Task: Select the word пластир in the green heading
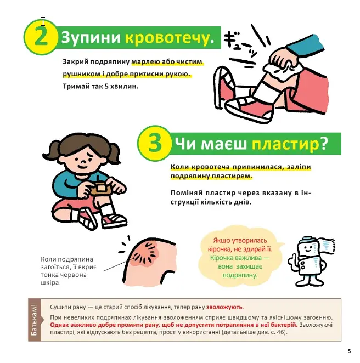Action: (285, 144)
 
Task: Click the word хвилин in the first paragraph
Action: (125, 86)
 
